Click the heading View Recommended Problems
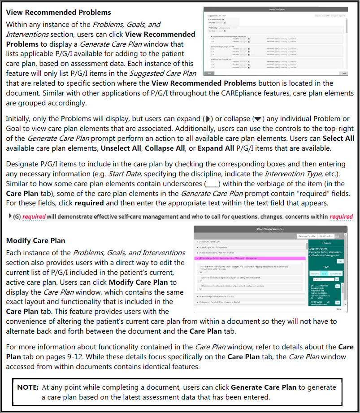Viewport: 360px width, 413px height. pos(59,12)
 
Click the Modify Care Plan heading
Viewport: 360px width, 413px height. pos(35,240)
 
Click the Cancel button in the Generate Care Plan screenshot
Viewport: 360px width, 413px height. pos(344,73)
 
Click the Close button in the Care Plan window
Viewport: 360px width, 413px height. pos(338,309)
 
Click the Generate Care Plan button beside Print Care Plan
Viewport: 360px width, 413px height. pos(308,236)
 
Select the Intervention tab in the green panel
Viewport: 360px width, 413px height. pos(335,273)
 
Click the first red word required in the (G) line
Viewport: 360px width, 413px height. pos(35,217)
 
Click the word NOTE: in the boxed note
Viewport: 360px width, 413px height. pos(28,387)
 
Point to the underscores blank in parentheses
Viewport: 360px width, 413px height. pos(212,183)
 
